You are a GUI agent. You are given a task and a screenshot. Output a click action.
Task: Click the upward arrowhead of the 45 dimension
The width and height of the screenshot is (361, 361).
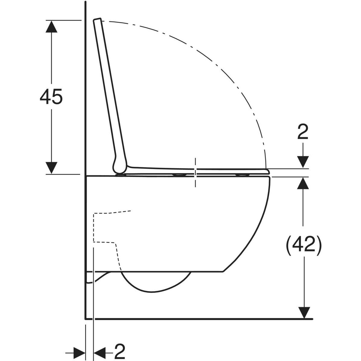point(51,26)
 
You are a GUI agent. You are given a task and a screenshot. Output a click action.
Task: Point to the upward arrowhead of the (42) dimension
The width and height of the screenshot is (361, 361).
point(303,183)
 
